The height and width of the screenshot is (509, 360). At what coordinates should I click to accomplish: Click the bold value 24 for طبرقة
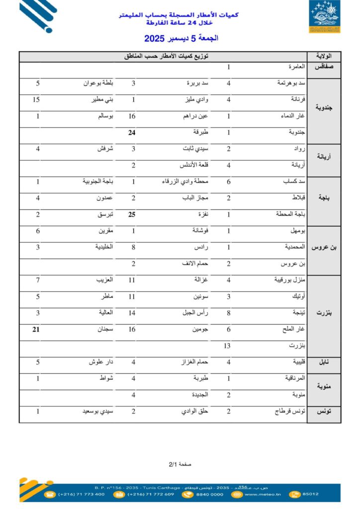(x=133, y=133)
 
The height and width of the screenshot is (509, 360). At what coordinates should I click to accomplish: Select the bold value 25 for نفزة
(x=133, y=214)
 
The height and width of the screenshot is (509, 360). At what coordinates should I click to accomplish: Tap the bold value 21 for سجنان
(x=36, y=329)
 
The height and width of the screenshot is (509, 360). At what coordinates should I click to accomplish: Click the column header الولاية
(x=324, y=56)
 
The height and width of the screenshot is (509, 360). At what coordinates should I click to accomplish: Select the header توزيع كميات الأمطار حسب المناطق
(x=166, y=56)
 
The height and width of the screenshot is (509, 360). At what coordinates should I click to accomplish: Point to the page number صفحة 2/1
(x=180, y=464)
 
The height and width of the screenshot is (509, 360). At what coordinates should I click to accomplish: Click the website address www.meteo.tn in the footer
(x=263, y=494)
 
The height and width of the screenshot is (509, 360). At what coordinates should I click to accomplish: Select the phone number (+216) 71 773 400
(x=81, y=494)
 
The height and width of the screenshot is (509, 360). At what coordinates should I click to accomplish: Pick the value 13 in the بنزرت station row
(x=227, y=345)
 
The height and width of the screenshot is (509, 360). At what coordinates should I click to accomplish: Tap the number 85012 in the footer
(x=310, y=494)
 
